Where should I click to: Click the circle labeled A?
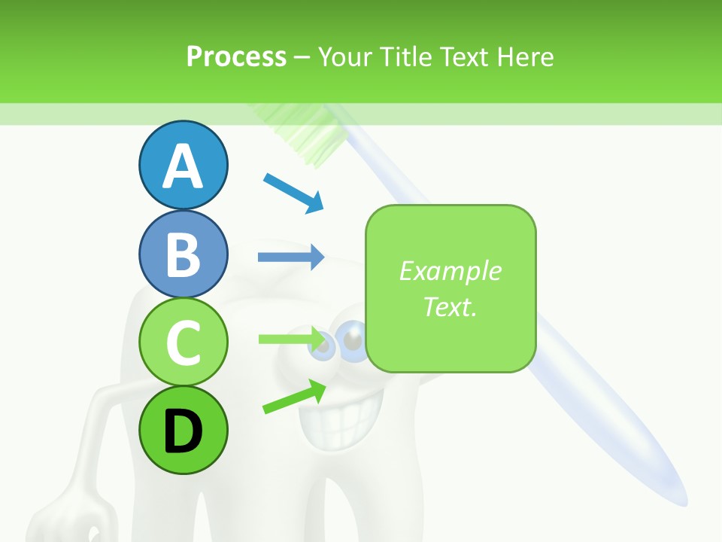pos(183,165)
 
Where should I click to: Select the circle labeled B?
pos(183,254)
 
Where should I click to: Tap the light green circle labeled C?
pos(183,342)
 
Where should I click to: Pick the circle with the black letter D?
pos(183,430)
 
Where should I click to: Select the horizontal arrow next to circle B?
pos(291,257)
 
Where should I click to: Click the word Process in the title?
pos(236,56)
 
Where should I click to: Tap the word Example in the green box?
pos(450,270)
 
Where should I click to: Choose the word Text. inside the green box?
pos(450,306)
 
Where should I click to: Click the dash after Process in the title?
pos(302,57)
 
